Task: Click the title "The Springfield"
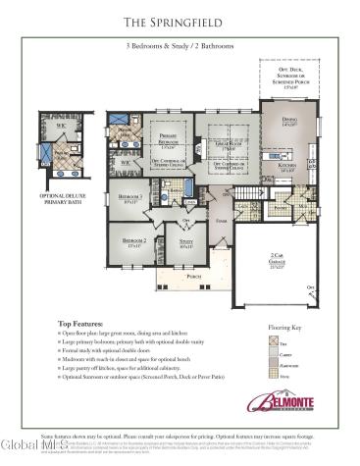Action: (180, 21)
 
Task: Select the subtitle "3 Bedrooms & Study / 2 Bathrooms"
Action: (180, 46)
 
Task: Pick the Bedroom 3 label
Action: (130, 199)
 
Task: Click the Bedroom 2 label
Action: (133, 240)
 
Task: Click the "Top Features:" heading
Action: (79, 322)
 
